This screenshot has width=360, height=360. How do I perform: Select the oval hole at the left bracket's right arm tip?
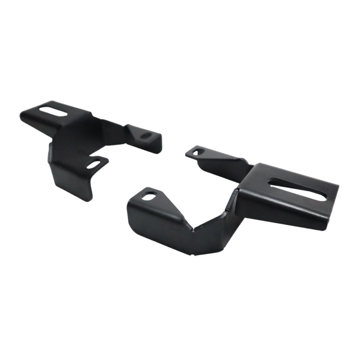(147, 135)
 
